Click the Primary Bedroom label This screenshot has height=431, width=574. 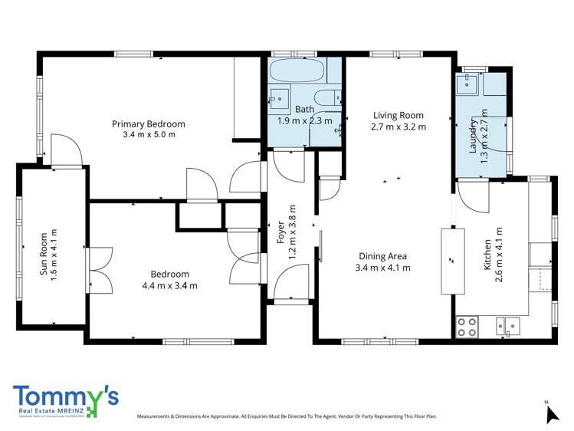coord(149,124)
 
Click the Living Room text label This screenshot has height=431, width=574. coord(398,116)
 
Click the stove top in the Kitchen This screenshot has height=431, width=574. coord(467,327)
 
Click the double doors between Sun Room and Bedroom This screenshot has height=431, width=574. coord(100,269)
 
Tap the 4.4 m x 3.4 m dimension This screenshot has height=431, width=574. coord(169,286)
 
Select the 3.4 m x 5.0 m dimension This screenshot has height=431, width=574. coord(149,135)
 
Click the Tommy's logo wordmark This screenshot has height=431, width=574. coord(65,396)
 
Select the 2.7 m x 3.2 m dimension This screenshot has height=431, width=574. coord(398,127)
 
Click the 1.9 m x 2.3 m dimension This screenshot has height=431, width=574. coord(304,120)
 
